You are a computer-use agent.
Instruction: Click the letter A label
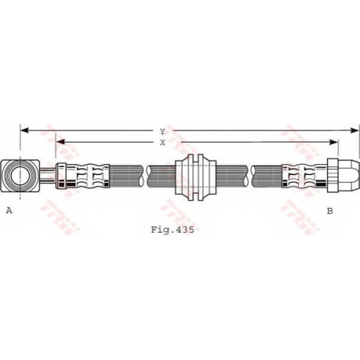pyautogui.click(x=9, y=210)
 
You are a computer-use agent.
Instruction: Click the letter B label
pyautogui.click(x=330, y=211)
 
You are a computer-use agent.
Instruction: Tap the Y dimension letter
pyautogui.click(x=163, y=131)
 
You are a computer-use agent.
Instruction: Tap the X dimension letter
pyautogui.click(x=163, y=143)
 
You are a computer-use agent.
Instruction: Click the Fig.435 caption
pyautogui.click(x=172, y=230)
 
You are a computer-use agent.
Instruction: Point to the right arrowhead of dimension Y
pyautogui.click(x=355, y=130)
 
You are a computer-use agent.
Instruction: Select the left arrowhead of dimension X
pyautogui.click(x=60, y=142)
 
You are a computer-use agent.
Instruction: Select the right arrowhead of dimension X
pyautogui.click(x=333, y=142)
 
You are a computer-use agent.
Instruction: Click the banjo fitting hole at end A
pyautogui.click(x=20, y=176)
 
